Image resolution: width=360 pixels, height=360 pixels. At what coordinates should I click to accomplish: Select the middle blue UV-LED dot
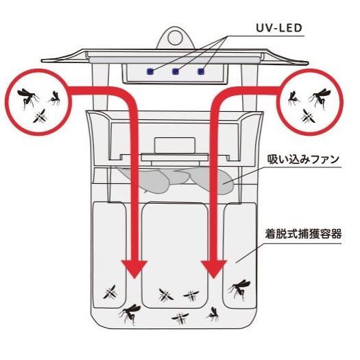click(176, 70)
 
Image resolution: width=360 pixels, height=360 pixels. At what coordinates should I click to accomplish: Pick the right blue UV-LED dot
click(201, 70)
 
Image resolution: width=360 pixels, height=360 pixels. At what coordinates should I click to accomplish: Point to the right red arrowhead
click(215, 269)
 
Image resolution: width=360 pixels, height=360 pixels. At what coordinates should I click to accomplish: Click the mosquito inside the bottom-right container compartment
click(240, 289)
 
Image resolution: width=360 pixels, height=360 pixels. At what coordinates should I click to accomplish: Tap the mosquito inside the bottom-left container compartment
click(109, 293)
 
